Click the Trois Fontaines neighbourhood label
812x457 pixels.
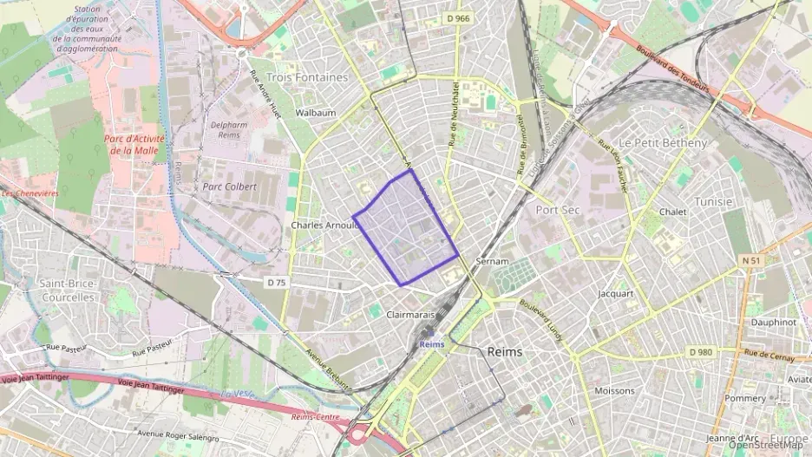point(307,77)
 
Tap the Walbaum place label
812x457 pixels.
point(316,113)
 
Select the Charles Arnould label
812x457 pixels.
point(324,225)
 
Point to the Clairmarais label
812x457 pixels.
point(410,316)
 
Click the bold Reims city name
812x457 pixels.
point(505,351)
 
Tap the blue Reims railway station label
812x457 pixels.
point(431,344)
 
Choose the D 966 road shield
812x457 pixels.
point(457,17)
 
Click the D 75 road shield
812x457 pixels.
point(277,282)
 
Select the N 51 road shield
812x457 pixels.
point(751,259)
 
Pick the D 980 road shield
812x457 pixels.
point(699,352)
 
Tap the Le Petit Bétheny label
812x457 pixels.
point(663,142)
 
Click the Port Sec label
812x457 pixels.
point(557,210)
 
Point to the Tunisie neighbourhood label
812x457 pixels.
point(713,201)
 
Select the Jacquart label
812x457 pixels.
point(616,293)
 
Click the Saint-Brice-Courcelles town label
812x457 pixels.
point(67,291)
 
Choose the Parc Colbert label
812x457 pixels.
point(230,186)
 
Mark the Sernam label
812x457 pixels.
point(492,260)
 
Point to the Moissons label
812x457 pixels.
point(615,390)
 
